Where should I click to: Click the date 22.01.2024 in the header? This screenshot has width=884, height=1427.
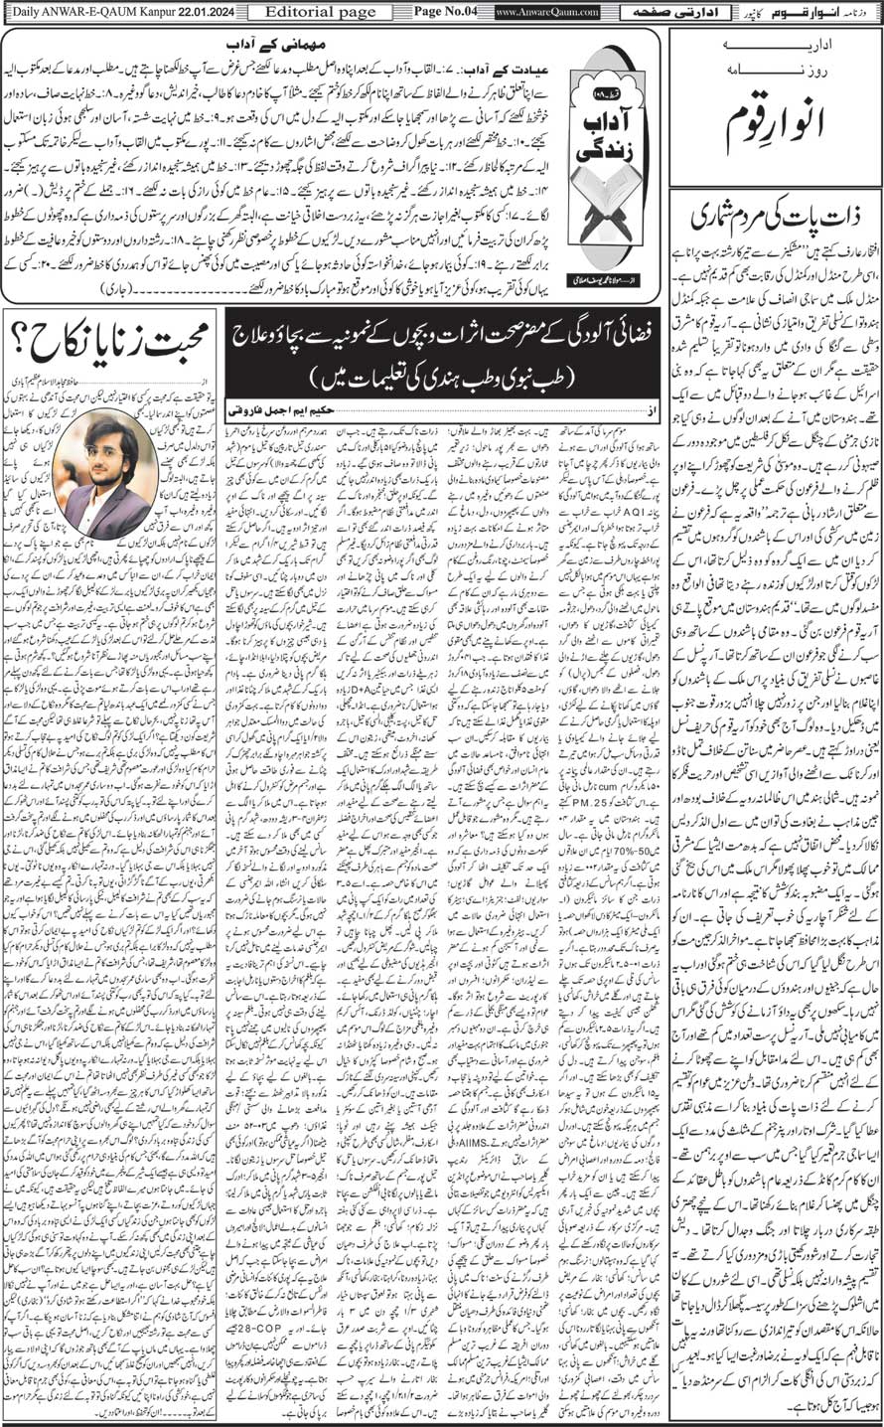point(198,12)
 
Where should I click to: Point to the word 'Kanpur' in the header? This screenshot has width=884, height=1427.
point(142,12)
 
